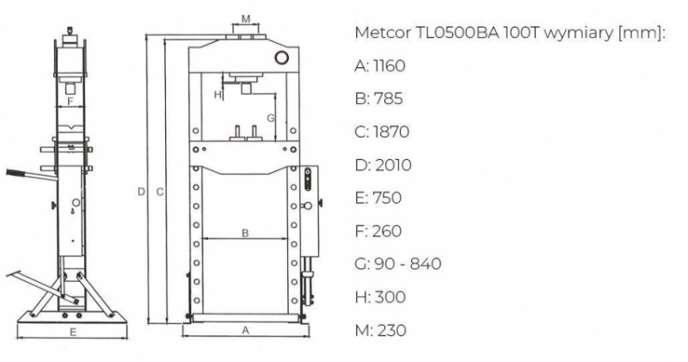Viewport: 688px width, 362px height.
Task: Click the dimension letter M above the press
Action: coord(246,19)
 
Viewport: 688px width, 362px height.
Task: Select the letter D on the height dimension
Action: coord(141,192)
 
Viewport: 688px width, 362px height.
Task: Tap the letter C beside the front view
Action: coord(160,192)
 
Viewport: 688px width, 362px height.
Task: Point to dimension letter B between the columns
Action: coord(245,233)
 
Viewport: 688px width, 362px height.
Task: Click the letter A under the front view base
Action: coord(246,330)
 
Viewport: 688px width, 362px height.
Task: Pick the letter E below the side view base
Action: coord(73,332)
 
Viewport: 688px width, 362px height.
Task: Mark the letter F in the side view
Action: coord(70,101)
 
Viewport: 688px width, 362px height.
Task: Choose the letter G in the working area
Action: coord(271,118)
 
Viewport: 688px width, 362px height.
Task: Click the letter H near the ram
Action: coord(218,95)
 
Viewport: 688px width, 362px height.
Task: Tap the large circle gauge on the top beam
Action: coord(281,58)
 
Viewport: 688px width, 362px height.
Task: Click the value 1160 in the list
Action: coord(389,66)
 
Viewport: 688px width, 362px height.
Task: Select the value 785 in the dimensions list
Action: coord(389,99)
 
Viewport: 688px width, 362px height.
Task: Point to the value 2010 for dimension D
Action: coord(394,165)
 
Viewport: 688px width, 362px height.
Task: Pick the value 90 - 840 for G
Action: coord(408,264)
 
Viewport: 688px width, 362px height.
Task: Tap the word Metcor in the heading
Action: coord(382,33)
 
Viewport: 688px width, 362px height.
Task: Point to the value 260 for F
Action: coord(386,230)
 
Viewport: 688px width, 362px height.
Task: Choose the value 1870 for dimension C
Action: coord(391,132)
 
